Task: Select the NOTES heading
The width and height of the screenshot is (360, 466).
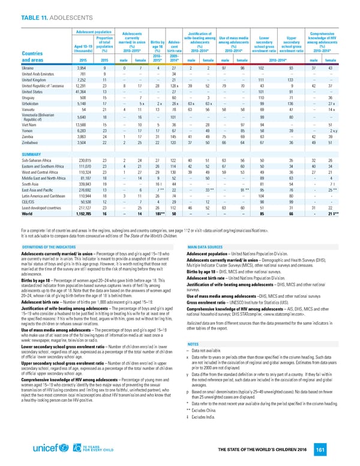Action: tap(194, 327)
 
